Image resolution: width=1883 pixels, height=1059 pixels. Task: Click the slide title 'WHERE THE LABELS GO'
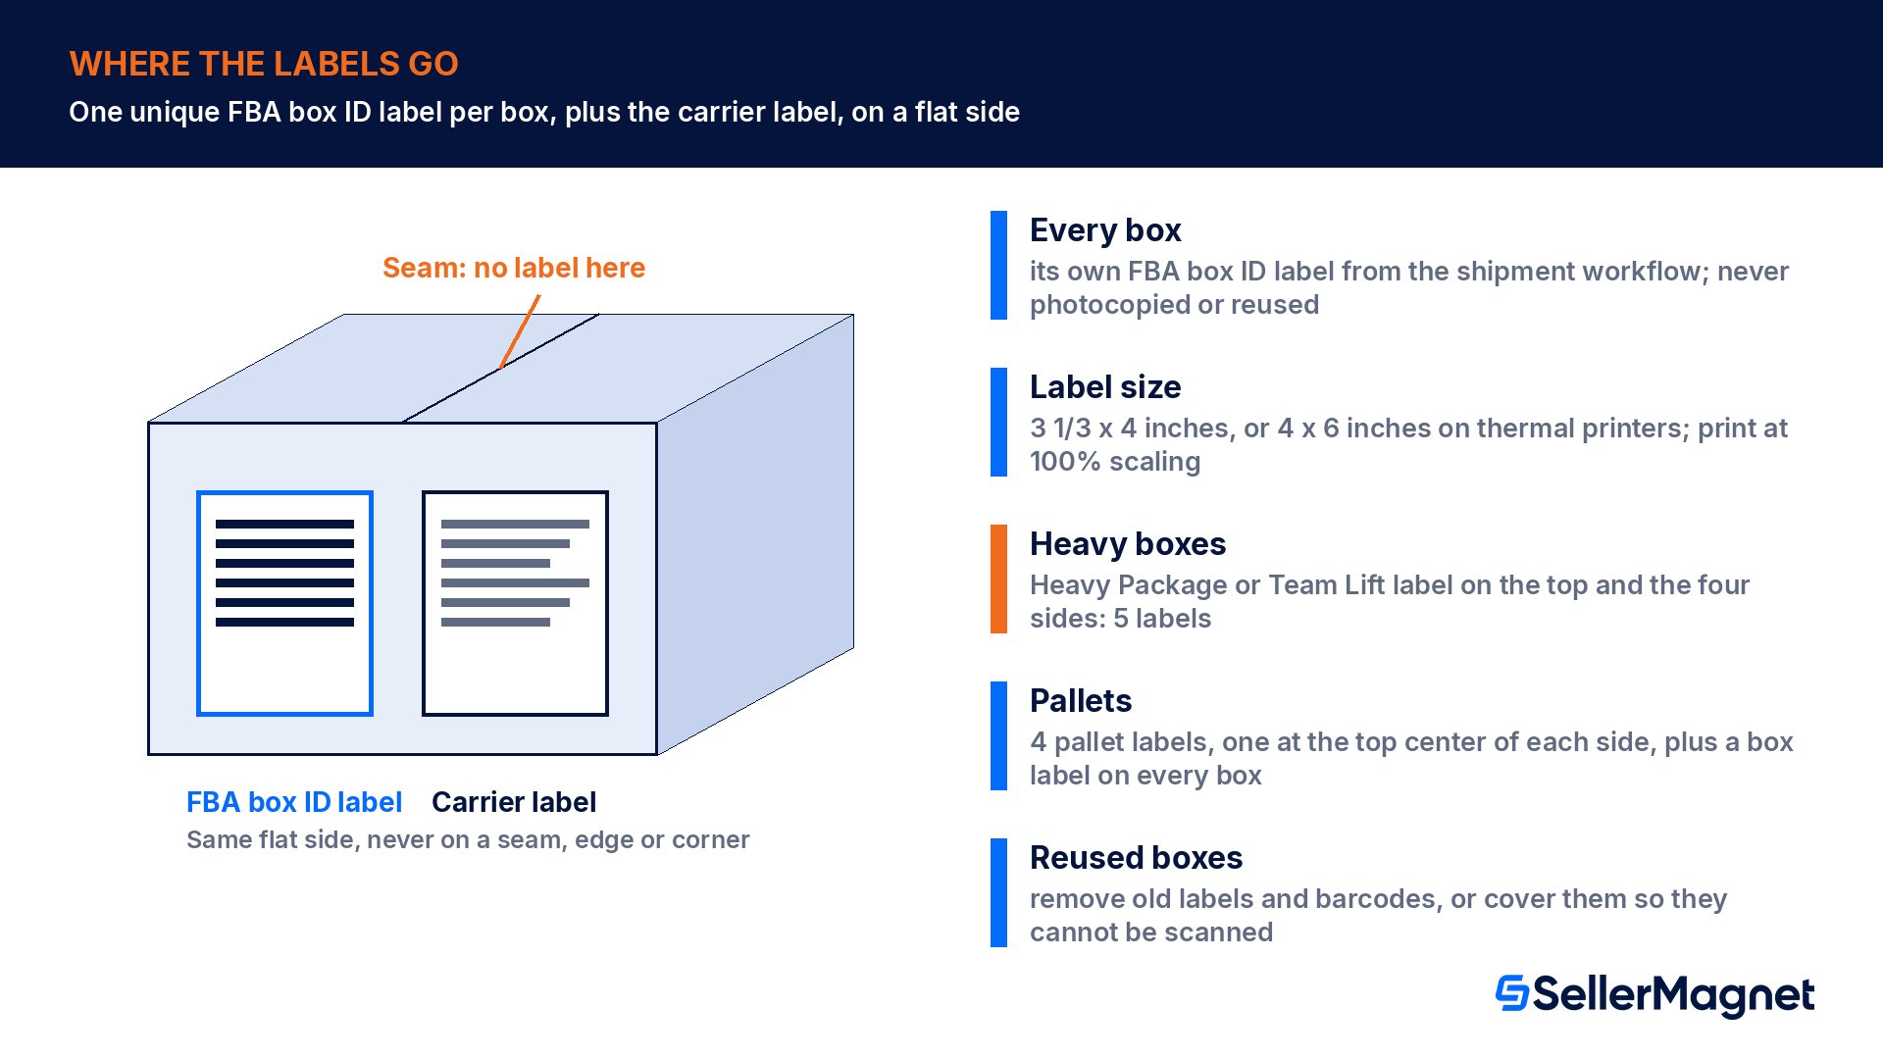click(x=264, y=64)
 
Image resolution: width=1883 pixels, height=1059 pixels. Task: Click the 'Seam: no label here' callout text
click(x=514, y=268)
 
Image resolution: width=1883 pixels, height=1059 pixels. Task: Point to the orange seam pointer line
click(x=520, y=332)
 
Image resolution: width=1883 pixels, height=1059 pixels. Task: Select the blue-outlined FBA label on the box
click(x=284, y=603)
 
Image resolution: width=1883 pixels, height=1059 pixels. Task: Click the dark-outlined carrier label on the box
click(x=515, y=603)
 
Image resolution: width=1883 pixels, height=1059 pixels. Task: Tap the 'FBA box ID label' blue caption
click(x=294, y=802)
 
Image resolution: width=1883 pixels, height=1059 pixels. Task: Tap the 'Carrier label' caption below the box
click(x=514, y=802)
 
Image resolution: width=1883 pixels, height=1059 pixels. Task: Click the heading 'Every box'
click(x=1105, y=230)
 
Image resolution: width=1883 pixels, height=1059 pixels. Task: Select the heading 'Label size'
click(x=1105, y=387)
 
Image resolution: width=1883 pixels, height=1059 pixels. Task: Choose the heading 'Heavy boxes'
click(x=1128, y=544)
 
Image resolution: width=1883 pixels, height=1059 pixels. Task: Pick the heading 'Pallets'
click(x=1081, y=701)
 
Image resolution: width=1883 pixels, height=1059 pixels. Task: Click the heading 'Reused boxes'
click(x=1136, y=858)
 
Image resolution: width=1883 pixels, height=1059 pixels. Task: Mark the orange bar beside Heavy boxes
click(x=998, y=579)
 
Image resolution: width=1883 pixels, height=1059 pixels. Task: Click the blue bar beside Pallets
click(x=998, y=735)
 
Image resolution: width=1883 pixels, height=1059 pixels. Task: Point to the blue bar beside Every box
click(x=998, y=265)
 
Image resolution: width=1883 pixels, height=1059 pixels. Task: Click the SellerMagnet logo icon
click(x=1512, y=993)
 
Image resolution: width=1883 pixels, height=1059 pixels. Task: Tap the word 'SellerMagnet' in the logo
click(x=1673, y=995)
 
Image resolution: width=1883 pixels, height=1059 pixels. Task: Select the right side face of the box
click(x=755, y=534)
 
